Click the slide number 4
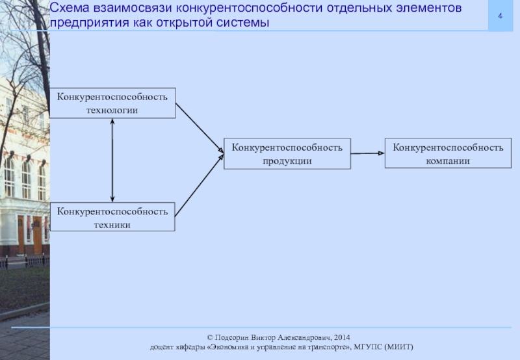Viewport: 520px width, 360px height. pyautogui.click(x=501, y=15)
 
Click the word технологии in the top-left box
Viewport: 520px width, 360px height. pyautogui.click(x=112, y=110)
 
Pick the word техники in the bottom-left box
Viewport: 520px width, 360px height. pyautogui.click(x=112, y=224)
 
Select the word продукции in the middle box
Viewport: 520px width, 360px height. pyautogui.click(x=287, y=161)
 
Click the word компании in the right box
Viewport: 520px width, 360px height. pyautogui.click(x=448, y=161)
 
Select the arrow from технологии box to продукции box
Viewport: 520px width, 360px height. pyautogui.click(x=199, y=127)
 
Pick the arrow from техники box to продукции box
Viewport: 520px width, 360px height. pyautogui.click(x=199, y=186)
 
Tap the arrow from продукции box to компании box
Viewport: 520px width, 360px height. pyautogui.click(x=367, y=153)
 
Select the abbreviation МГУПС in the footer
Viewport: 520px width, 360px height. pyautogui.click(x=369, y=348)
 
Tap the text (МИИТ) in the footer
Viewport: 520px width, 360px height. pyautogui.click(x=399, y=348)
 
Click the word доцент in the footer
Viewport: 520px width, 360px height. pyautogui.click(x=162, y=348)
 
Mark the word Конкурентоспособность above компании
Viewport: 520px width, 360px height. pyautogui.click(x=448, y=148)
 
